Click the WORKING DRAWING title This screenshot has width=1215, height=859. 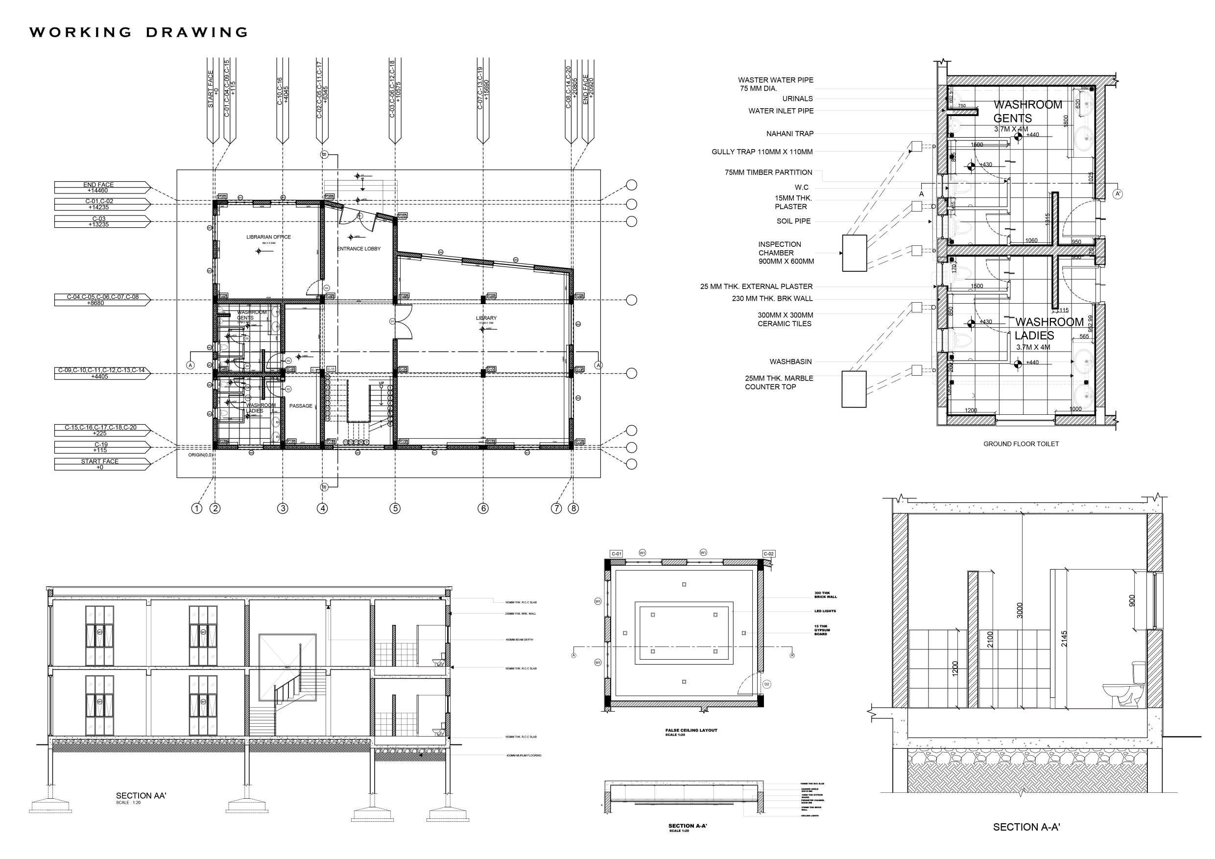139,32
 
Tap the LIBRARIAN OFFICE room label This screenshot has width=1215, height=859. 268,237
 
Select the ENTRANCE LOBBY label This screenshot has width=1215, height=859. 359,249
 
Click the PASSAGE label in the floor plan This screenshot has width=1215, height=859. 301,406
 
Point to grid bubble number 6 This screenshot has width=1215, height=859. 482,508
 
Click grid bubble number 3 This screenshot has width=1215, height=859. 283,508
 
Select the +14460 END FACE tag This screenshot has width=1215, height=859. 99,188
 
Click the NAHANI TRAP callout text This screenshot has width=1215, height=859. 789,134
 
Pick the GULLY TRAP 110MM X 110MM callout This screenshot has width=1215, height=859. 762,152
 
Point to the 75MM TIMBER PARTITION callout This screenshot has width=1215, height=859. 768,172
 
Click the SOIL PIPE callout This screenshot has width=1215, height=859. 793,221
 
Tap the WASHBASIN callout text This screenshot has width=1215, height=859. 790,362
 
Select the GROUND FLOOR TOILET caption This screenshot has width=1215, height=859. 1021,444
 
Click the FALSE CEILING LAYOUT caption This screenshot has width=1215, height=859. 691,730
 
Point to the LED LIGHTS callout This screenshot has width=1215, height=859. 825,611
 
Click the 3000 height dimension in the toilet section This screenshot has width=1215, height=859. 1020,610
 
